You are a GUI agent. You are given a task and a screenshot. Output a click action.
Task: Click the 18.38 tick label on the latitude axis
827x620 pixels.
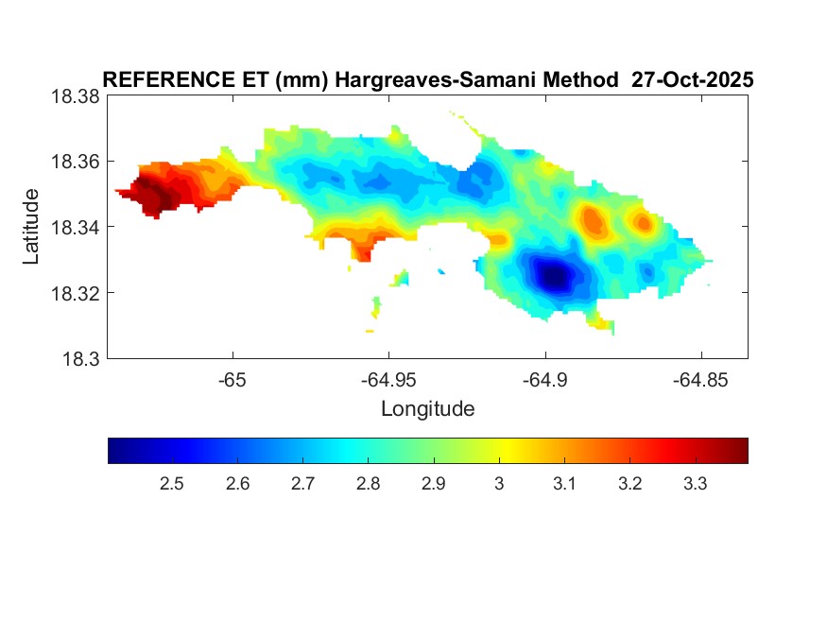pyautogui.click(x=75, y=96)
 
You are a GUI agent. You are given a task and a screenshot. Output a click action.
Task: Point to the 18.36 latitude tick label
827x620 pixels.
pyautogui.click(x=75, y=162)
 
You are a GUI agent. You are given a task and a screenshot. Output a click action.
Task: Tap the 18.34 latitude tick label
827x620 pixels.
pyautogui.click(x=75, y=227)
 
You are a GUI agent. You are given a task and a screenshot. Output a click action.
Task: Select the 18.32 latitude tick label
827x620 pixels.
pyautogui.click(x=75, y=293)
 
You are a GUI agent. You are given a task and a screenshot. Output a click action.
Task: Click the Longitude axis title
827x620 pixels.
pyautogui.click(x=427, y=409)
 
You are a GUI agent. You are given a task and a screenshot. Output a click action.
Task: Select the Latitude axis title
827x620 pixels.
pyautogui.click(x=32, y=227)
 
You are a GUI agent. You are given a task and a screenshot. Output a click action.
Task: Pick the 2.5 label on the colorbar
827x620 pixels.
pyautogui.click(x=171, y=484)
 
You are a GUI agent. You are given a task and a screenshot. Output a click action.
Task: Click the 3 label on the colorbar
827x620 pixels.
pyautogui.click(x=499, y=484)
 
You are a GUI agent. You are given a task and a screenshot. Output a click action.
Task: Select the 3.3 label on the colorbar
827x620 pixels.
pyautogui.click(x=695, y=484)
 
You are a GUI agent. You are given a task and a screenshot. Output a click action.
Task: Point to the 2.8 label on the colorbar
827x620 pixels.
pyautogui.click(x=368, y=484)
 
